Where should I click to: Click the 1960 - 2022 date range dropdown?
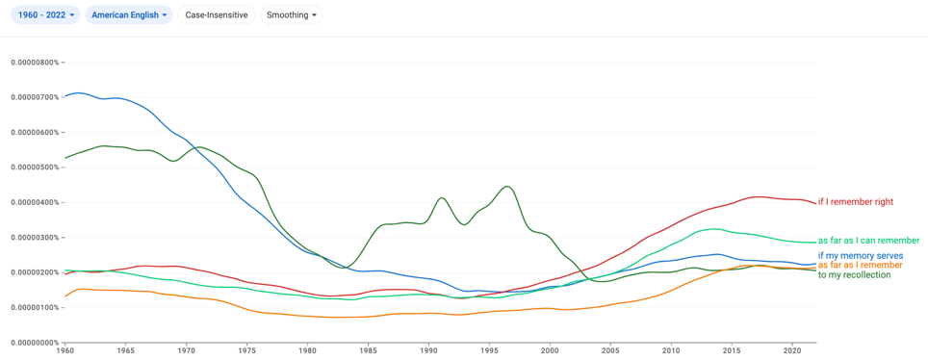[47, 14]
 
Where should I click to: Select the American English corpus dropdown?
[129, 14]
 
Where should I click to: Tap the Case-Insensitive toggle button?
[216, 14]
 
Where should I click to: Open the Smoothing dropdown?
[291, 14]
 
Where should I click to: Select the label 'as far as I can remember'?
[868, 241]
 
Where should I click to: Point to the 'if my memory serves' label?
[860, 256]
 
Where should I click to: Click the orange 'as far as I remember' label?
[860, 266]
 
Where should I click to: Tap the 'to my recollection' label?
[854, 274]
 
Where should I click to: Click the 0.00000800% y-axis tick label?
[36, 62]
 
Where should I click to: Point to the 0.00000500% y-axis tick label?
[36, 167]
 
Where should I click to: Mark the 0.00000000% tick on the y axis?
[36, 343]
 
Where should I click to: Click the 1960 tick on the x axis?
[65, 350]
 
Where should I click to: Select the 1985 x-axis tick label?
[368, 350]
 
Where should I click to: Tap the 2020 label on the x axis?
[792, 350]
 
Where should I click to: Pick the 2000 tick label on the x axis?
[551, 350]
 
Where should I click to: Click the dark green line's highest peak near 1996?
[507, 187]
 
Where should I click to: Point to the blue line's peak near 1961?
[78, 93]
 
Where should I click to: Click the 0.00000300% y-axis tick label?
[36, 238]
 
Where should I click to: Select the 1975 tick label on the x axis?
[246, 350]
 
